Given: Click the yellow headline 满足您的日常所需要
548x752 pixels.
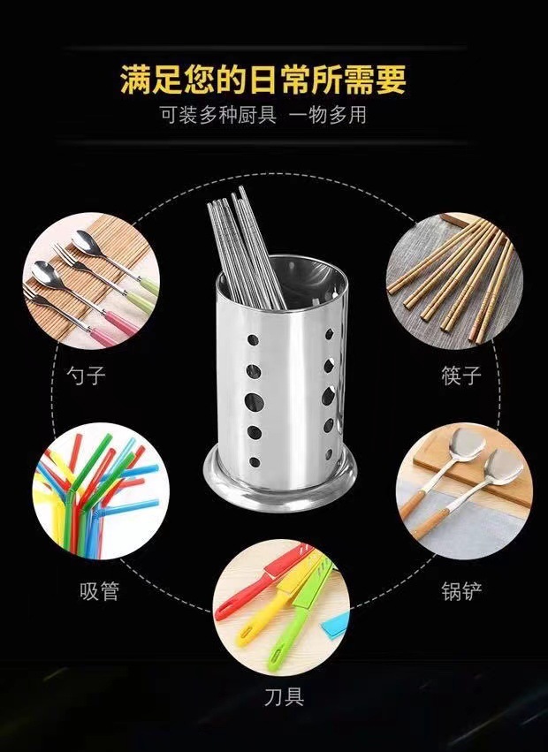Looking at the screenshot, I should pos(263,80).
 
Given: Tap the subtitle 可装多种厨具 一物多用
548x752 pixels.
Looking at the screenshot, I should pos(263,115).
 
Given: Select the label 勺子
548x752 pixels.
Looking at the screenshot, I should pos(86,376).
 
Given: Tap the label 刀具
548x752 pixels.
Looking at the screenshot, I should pos(283,697).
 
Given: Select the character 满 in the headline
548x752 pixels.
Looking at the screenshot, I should pos(134,80).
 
